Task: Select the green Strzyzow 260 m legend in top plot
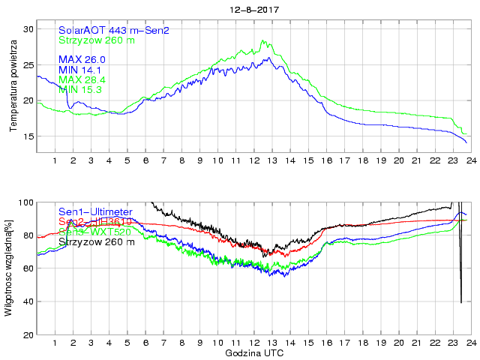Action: tap(97, 40)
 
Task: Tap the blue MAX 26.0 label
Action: tap(82, 59)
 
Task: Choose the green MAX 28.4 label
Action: tap(82, 79)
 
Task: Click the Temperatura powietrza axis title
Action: tap(13, 83)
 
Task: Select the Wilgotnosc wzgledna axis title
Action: tap(9, 268)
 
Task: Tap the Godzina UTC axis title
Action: tap(253, 352)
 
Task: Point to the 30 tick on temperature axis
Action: tap(29, 28)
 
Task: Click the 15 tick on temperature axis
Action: tap(29, 136)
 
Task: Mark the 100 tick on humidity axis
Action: tap(26, 202)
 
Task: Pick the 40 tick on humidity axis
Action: tap(28, 301)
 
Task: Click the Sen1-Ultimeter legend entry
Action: tap(96, 212)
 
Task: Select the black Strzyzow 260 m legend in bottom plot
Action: tap(97, 241)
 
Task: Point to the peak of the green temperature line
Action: tap(262, 40)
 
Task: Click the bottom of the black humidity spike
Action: tap(460, 302)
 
